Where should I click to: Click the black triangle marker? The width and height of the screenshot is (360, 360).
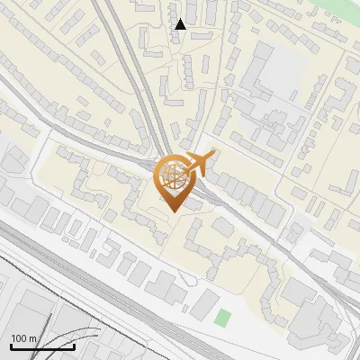pos(181,24)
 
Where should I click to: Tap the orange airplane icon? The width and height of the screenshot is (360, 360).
pos(198,163)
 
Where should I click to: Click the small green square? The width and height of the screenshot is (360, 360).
pos(223,318)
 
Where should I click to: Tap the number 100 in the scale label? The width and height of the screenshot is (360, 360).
pos(18,338)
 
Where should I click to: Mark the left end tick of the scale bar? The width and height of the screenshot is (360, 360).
pos(11,345)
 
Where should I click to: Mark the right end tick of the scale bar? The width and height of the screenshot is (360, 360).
pos(74,345)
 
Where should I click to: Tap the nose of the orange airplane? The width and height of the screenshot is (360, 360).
pos(212,157)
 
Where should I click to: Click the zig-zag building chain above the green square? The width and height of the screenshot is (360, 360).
pos(216,252)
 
